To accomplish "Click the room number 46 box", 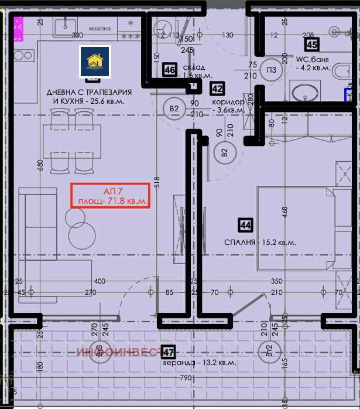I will pyautogui.click(x=170, y=70).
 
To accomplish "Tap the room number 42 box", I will pyautogui.click(x=217, y=88).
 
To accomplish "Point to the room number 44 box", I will pyautogui.click(x=245, y=224).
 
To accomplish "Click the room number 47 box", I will pyautogui.click(x=169, y=352).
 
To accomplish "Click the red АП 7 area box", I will pyautogui.click(x=109, y=196).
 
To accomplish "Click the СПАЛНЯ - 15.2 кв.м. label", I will pyautogui.click(x=260, y=242).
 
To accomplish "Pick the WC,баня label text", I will pyautogui.click(x=312, y=60).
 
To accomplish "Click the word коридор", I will pyautogui.click(x=228, y=101).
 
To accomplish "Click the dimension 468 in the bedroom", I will pyautogui.click(x=285, y=212).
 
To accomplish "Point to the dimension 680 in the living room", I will pyautogui.click(x=40, y=166).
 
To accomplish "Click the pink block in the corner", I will pyautogui.click(x=19, y=29).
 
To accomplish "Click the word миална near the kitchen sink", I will pyautogui.click(x=100, y=27).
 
